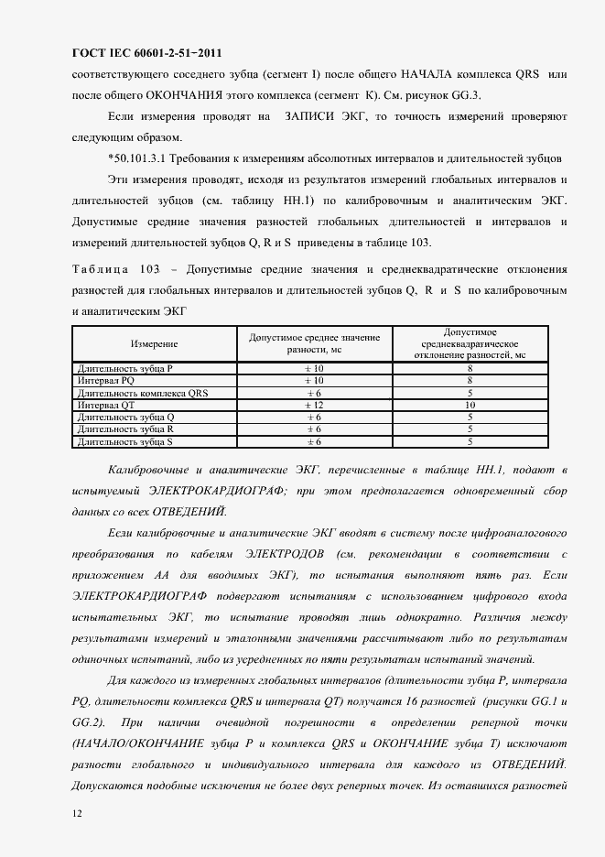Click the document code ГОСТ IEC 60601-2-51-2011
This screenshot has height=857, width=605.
(x=146, y=53)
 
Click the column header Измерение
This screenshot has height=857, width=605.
(x=154, y=343)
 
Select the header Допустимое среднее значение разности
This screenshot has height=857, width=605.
(x=314, y=343)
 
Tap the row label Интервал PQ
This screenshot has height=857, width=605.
(x=106, y=379)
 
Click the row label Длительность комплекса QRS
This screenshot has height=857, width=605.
(x=144, y=392)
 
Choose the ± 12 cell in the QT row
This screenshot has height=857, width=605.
(x=314, y=404)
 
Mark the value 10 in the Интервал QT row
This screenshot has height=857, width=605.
(x=470, y=404)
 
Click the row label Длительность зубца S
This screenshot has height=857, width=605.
(x=125, y=441)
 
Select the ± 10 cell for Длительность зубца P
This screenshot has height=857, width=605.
(x=314, y=367)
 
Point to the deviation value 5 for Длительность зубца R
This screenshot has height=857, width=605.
(x=470, y=428)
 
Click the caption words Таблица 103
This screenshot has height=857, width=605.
(x=114, y=271)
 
